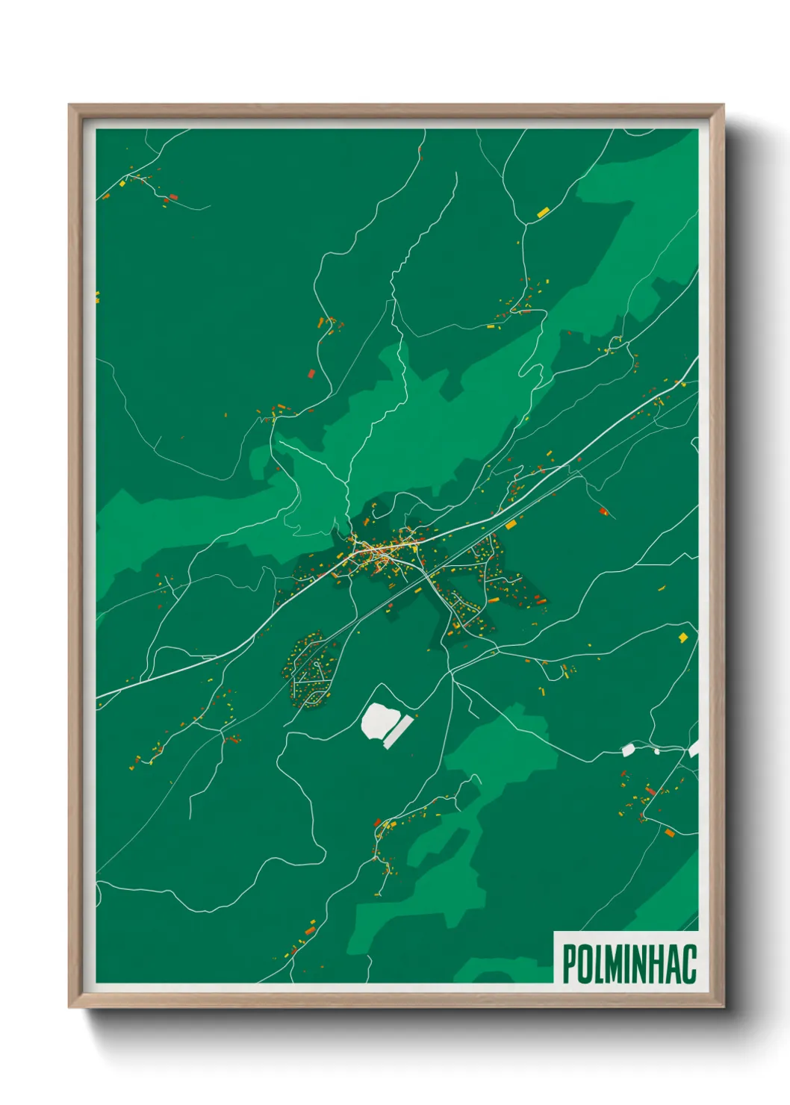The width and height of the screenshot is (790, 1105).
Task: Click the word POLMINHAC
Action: point(629,963)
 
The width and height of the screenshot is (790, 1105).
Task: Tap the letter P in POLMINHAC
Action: point(569,963)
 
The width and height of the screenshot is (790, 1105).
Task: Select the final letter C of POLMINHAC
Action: point(688,963)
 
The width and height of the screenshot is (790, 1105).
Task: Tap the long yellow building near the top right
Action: point(543,213)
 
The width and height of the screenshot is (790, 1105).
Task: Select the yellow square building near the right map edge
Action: point(682,637)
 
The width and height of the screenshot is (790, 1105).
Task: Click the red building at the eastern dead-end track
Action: point(603,511)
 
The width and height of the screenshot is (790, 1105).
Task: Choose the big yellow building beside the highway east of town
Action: point(511,525)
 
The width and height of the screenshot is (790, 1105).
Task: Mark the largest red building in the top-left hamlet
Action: point(173,197)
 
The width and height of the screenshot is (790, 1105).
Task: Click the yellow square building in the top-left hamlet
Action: point(122,183)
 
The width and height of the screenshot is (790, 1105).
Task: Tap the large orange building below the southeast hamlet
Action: point(669,832)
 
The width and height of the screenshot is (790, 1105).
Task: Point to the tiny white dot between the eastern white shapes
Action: point(657,751)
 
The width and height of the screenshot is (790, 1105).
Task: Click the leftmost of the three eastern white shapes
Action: point(628,749)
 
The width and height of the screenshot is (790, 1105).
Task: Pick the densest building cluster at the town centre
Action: point(377,552)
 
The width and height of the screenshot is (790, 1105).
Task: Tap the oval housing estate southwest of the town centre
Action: point(310,670)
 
